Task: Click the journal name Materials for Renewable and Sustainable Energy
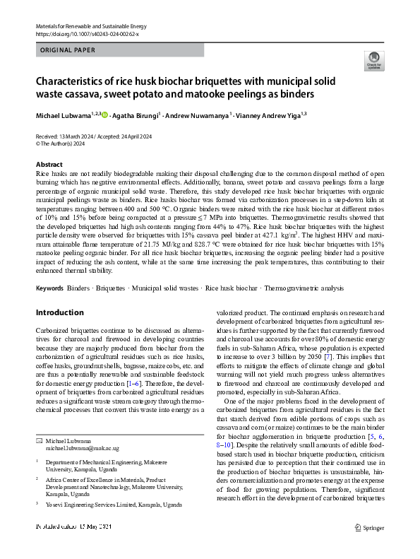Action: coord(86,25)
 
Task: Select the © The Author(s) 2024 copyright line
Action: coord(60,143)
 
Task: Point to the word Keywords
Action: coord(49,288)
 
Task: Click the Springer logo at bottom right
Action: coord(370,546)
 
